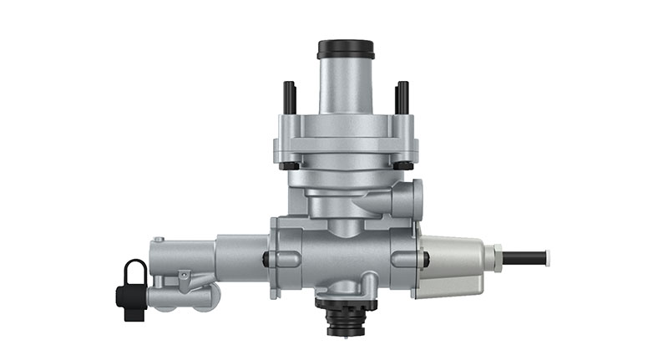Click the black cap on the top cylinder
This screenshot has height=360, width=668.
[345, 48]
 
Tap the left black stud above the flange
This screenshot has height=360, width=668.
[289, 97]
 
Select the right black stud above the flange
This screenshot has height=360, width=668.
[402, 97]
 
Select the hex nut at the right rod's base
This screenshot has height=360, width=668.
[498, 257]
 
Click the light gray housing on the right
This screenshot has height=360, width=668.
[452, 266]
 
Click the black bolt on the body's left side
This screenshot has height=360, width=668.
[266, 259]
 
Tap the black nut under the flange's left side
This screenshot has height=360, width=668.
[289, 165]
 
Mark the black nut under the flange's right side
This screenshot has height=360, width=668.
[402, 165]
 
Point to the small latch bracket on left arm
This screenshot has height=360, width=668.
[185, 276]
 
